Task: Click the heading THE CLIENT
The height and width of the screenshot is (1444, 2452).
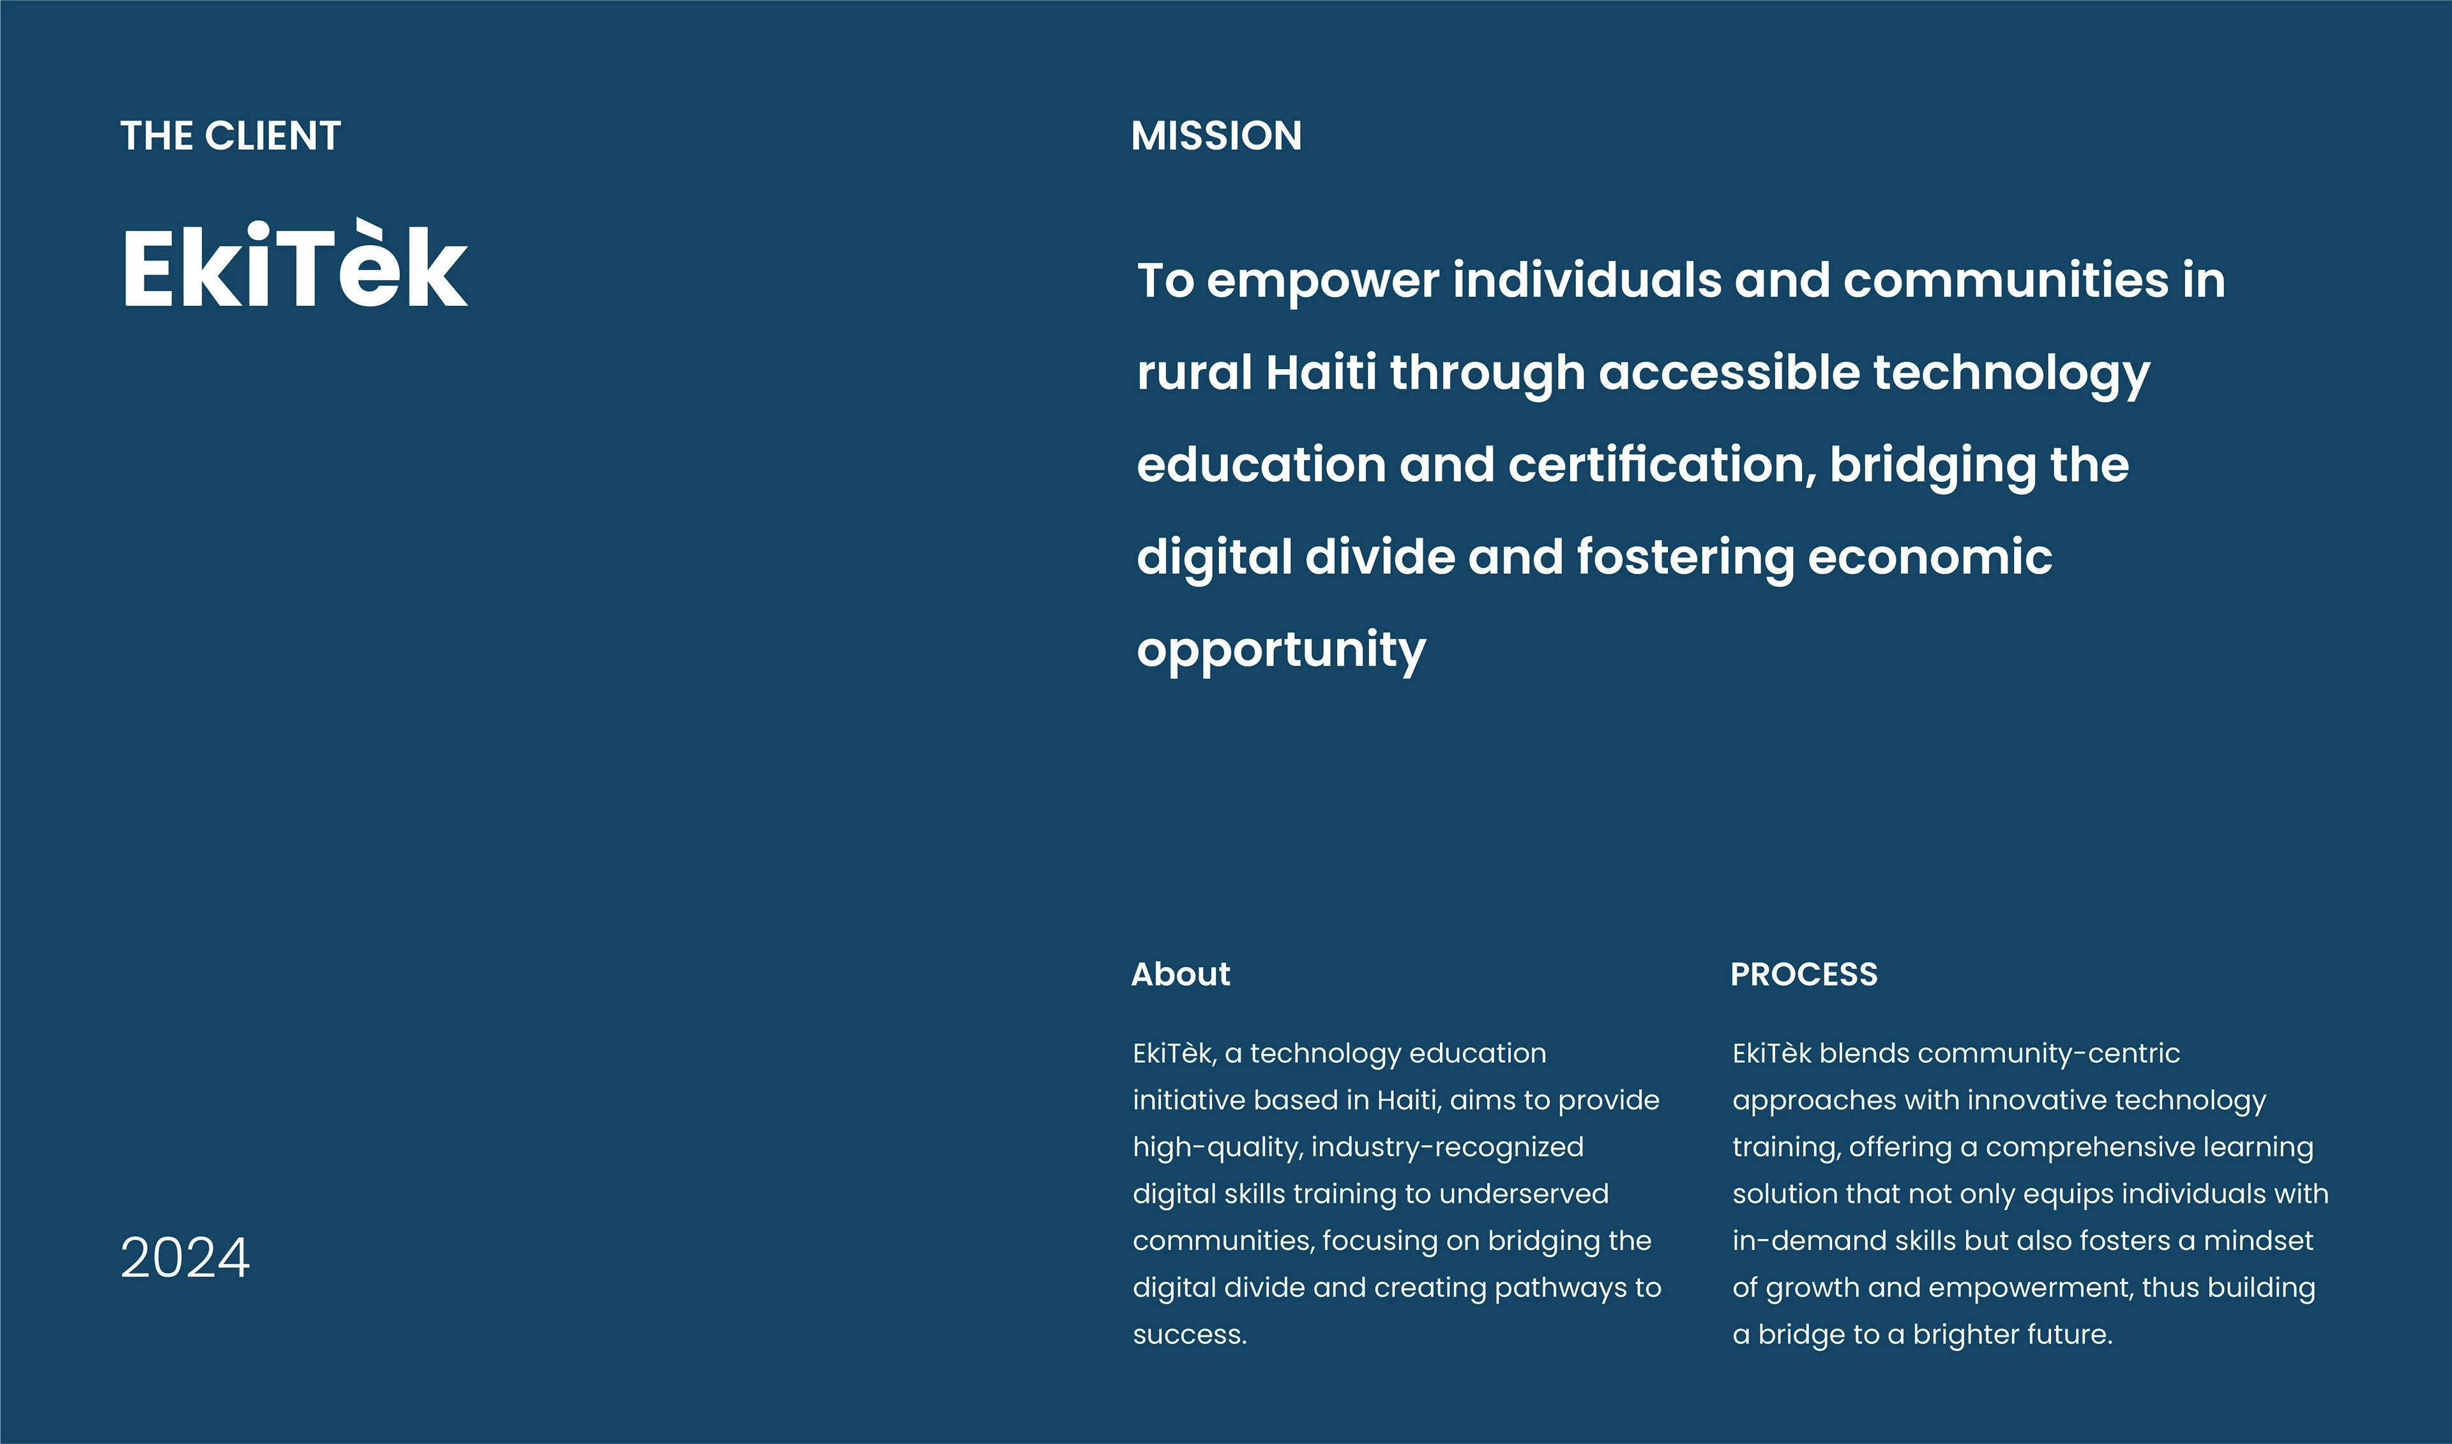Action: click(x=231, y=136)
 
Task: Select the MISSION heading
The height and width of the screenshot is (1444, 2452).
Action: click(x=1216, y=136)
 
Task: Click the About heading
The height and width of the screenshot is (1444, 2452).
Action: click(x=1180, y=974)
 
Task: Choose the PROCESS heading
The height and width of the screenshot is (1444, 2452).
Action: click(x=1804, y=974)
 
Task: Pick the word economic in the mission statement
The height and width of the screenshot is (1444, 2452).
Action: click(x=1930, y=557)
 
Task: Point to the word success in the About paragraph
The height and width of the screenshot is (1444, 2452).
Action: click(x=1189, y=1334)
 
